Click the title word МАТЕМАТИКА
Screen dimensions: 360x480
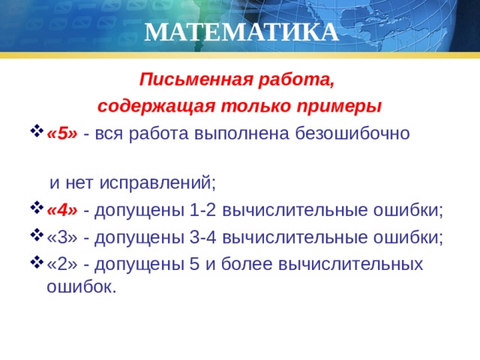(x=241, y=33)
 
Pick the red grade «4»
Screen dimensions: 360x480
(x=62, y=209)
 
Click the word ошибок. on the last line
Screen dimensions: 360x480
(x=82, y=286)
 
